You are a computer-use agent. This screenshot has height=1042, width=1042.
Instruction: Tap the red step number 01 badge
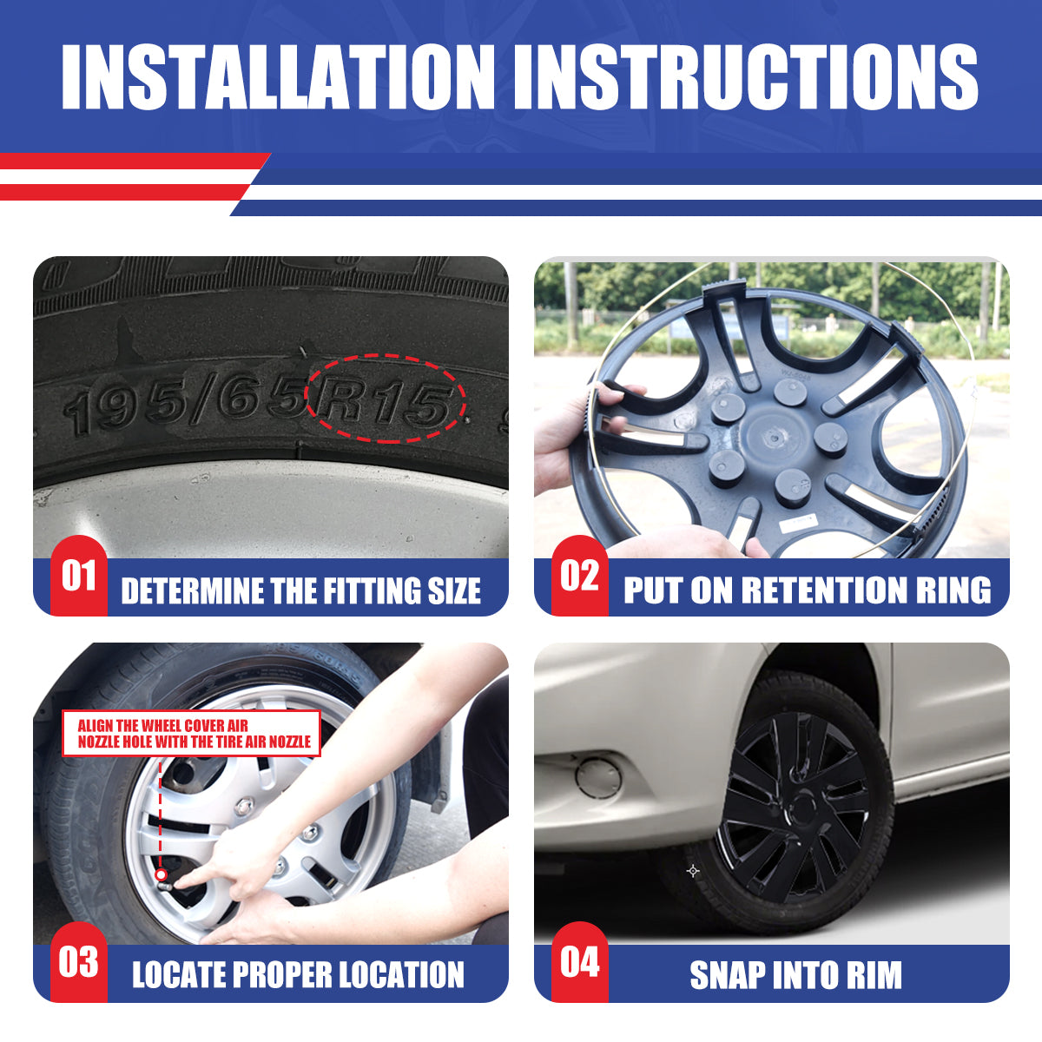tap(78, 576)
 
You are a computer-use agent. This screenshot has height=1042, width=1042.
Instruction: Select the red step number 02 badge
tap(579, 576)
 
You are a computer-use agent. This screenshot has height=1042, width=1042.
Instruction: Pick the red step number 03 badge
tap(78, 962)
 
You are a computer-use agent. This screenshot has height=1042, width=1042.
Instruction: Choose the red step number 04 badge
tap(579, 962)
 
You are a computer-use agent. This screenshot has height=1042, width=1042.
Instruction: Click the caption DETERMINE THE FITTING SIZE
tap(300, 591)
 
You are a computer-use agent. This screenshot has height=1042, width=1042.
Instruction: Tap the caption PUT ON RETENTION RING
tap(807, 590)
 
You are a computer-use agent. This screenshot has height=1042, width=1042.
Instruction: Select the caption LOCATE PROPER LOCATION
tap(298, 975)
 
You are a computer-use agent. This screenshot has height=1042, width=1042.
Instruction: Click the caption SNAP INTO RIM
tap(795, 975)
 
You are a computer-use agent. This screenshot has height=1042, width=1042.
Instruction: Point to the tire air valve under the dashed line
tap(162, 875)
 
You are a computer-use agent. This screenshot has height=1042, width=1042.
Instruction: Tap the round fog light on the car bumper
tap(598, 775)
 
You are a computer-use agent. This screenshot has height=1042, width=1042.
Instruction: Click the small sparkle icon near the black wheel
tap(692, 869)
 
